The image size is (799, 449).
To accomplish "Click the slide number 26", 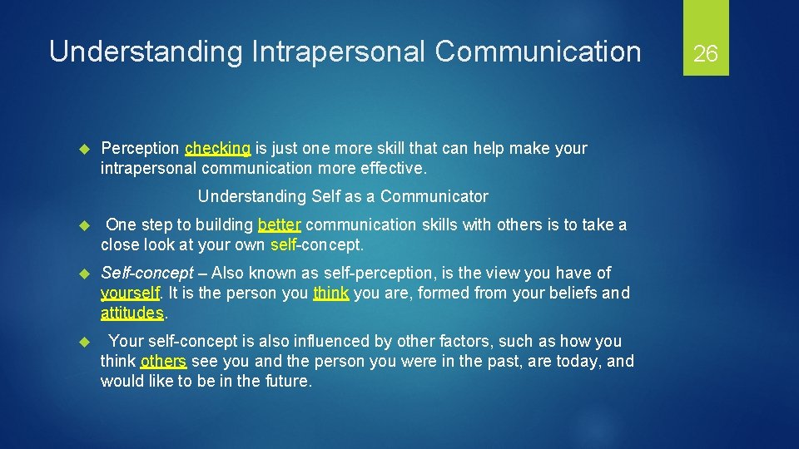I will coord(705,54).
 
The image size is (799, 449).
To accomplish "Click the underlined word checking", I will coord(217,149).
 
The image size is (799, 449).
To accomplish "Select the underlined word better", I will coord(280,225).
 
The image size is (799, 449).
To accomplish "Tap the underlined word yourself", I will coord(130,294).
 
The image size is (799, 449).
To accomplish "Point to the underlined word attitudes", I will coord(132,313).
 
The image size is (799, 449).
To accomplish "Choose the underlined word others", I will coord(163,362).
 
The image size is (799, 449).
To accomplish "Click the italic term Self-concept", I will coord(146,274).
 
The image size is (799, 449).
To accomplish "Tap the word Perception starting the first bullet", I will coord(140,149).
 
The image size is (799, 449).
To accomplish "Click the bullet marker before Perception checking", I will coord(82,149).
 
